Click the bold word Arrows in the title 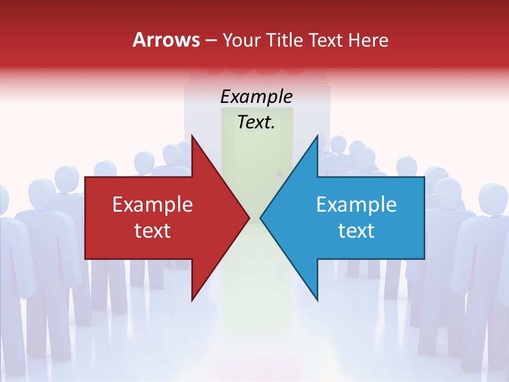click(x=166, y=40)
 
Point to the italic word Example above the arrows click(x=257, y=97)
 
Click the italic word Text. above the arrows click(x=257, y=123)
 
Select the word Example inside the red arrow click(x=153, y=205)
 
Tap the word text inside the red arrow click(x=153, y=231)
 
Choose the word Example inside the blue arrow click(x=356, y=205)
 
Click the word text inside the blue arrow click(x=356, y=231)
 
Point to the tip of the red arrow click(x=249, y=218)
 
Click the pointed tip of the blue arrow click(x=260, y=218)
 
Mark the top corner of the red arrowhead click(x=192, y=135)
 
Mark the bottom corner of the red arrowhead click(x=192, y=300)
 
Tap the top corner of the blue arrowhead click(x=317, y=135)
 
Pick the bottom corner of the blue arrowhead click(x=317, y=300)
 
